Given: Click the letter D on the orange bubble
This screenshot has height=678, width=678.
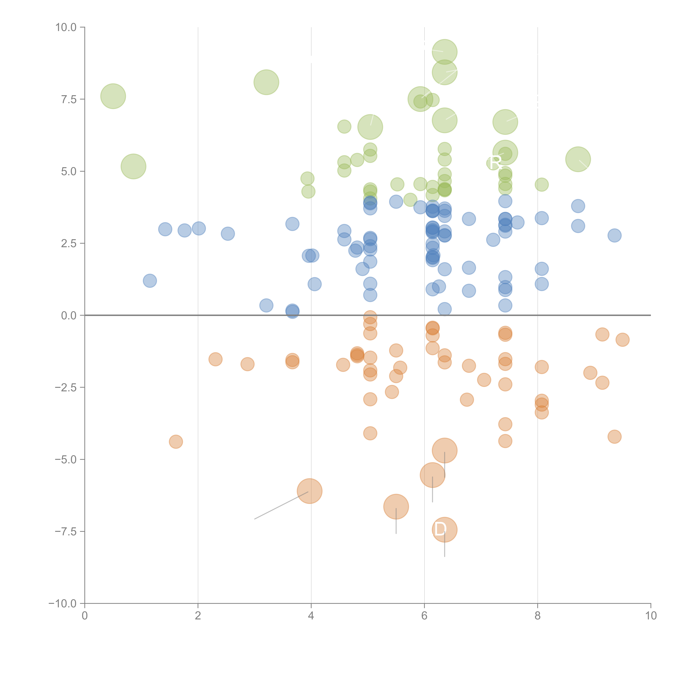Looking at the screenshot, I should pos(440,529).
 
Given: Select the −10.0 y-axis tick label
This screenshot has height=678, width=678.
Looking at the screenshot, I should pos(63,604).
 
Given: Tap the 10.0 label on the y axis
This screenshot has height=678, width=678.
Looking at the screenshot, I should pos(66,27).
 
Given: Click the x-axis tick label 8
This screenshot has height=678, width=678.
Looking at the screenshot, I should pos(538,616).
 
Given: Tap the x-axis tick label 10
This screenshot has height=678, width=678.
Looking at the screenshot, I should pos(651,616).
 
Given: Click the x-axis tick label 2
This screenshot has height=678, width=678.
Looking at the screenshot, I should pos(198,616).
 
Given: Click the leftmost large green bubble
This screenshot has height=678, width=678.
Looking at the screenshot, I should pos(113,96).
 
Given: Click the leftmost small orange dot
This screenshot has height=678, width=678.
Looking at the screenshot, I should pos(176,442).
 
